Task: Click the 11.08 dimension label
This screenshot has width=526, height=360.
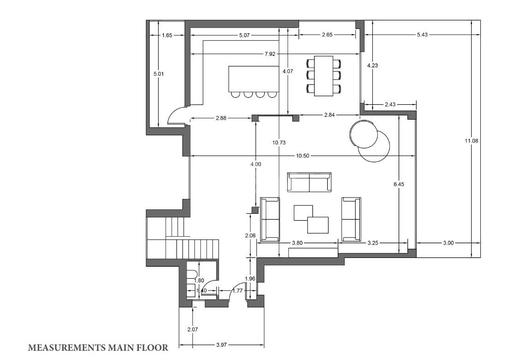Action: [x=471, y=141]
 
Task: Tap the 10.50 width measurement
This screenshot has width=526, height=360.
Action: [x=303, y=156]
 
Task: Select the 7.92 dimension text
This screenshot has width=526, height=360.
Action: [x=270, y=54]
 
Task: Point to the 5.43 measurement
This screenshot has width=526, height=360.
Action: [x=422, y=34]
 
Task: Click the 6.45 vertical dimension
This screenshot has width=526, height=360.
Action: [x=399, y=184]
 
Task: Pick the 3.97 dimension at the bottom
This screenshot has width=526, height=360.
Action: [x=221, y=345]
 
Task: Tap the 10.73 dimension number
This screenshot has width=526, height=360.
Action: [x=279, y=143]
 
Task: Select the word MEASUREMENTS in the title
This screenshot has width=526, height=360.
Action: [x=66, y=348]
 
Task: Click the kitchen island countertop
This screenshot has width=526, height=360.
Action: [x=254, y=79]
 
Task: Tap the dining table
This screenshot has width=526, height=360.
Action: [x=324, y=76]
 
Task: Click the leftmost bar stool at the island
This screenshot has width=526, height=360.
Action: [x=236, y=94]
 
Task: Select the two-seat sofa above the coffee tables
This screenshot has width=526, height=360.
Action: [x=309, y=182]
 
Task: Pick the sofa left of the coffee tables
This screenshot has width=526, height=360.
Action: [x=270, y=219]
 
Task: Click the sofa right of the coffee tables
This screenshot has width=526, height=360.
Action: [x=351, y=219]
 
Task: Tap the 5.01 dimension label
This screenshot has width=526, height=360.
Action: [x=159, y=74]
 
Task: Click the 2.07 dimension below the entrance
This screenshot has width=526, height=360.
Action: [x=192, y=330]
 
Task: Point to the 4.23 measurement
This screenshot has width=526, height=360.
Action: [x=372, y=66]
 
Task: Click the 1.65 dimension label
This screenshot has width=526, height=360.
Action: [x=167, y=35]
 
